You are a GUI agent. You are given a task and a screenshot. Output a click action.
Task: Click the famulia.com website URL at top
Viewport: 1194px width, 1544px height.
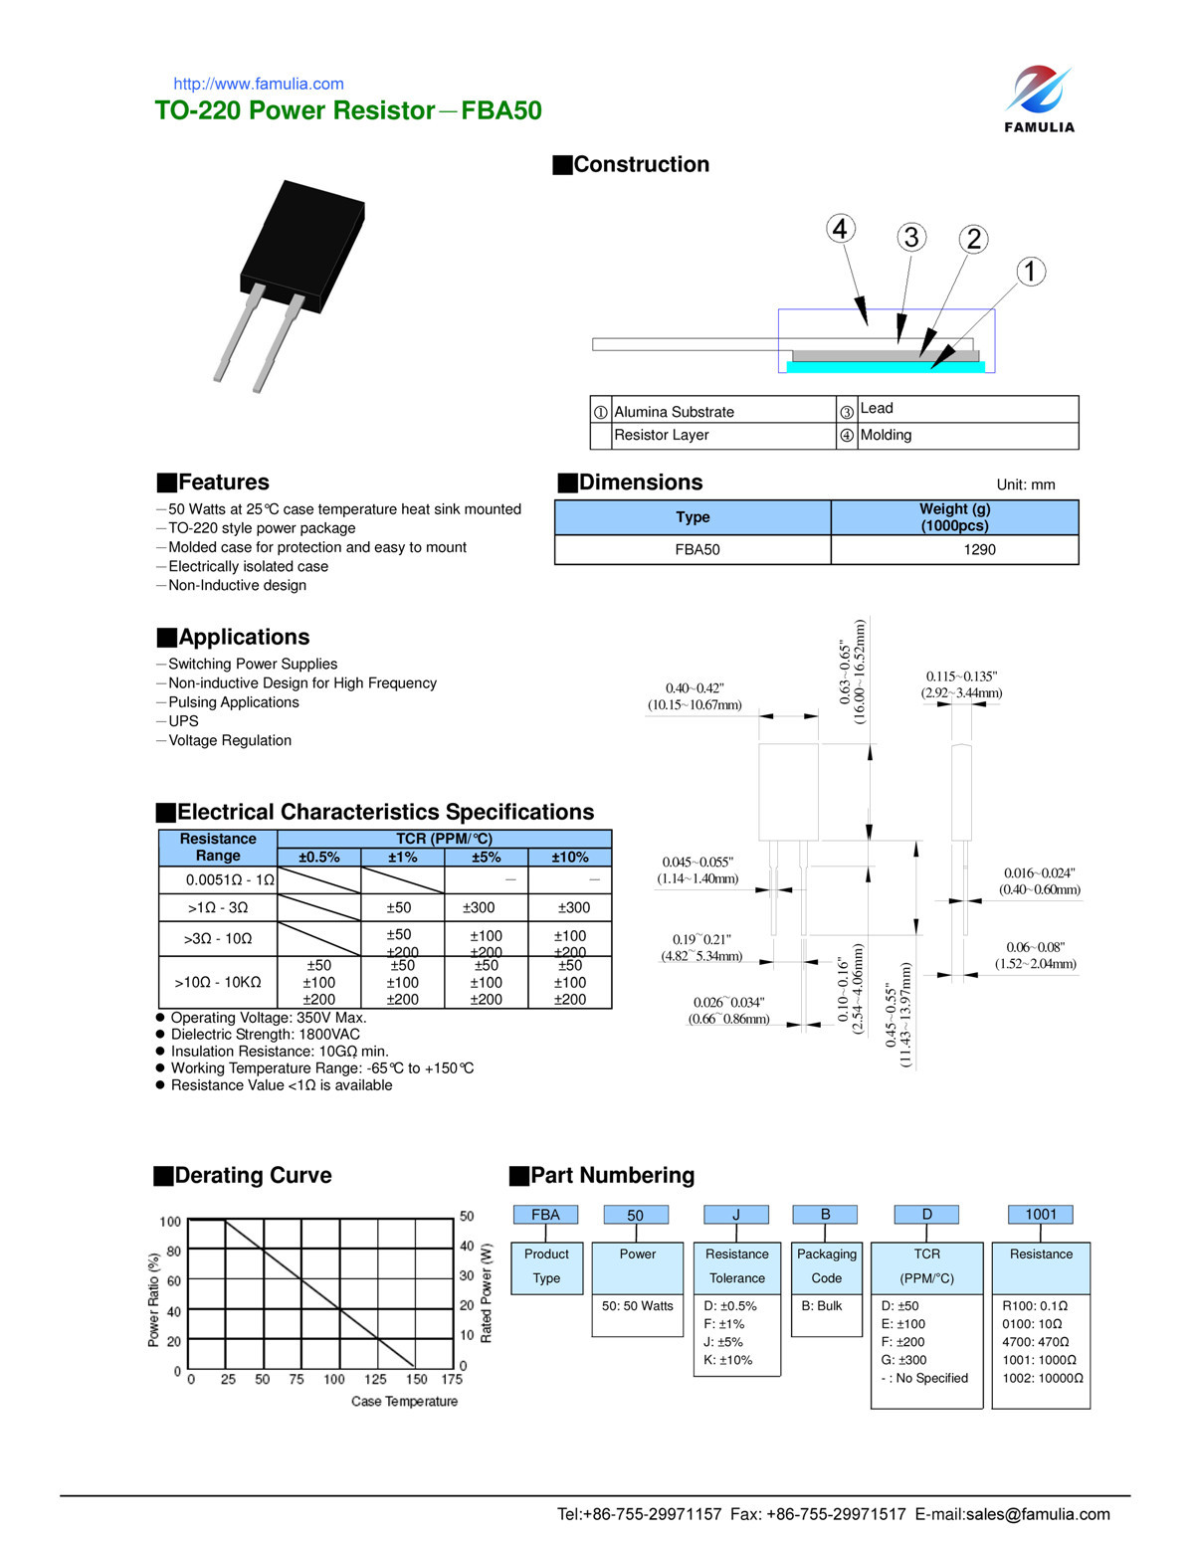tap(259, 85)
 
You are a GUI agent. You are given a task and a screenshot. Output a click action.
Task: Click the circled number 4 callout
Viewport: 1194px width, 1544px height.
tap(841, 229)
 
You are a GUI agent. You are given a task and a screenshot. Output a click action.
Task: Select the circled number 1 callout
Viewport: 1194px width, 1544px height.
tap(1030, 272)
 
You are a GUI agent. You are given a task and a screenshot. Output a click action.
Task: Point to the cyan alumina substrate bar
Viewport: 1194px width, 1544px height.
tap(885, 367)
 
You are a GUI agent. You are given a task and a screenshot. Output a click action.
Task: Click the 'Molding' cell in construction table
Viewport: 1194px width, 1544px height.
tap(886, 436)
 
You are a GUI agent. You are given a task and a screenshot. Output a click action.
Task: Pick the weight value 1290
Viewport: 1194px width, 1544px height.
tap(979, 549)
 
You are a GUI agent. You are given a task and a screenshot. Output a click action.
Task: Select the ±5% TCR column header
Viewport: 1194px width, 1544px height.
tap(486, 858)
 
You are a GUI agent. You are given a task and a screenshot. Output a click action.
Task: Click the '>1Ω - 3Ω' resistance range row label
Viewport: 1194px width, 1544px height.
tap(218, 908)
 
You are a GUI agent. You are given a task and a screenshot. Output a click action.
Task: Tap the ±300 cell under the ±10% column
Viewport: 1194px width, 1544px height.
tap(573, 908)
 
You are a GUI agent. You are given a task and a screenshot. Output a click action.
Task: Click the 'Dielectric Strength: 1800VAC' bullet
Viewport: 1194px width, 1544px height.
tap(265, 1035)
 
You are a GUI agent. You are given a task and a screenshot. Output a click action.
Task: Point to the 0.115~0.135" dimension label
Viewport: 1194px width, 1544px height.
tap(961, 676)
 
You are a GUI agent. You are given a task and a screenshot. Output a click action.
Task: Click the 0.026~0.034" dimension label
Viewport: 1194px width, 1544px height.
tap(728, 1003)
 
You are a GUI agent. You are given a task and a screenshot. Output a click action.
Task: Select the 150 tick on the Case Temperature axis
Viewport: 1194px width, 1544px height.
tap(416, 1380)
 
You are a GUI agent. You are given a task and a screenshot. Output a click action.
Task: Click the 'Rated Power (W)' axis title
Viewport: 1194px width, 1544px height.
tap(487, 1292)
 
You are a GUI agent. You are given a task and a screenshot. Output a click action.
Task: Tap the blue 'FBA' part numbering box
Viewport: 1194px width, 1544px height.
tap(545, 1215)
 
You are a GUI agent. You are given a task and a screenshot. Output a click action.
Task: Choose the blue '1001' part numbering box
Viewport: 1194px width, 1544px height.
tap(1041, 1215)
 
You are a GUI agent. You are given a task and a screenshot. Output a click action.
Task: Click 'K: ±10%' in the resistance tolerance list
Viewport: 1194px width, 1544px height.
tap(728, 1360)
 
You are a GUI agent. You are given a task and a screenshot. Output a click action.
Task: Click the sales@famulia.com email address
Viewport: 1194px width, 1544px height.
tap(1038, 1514)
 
